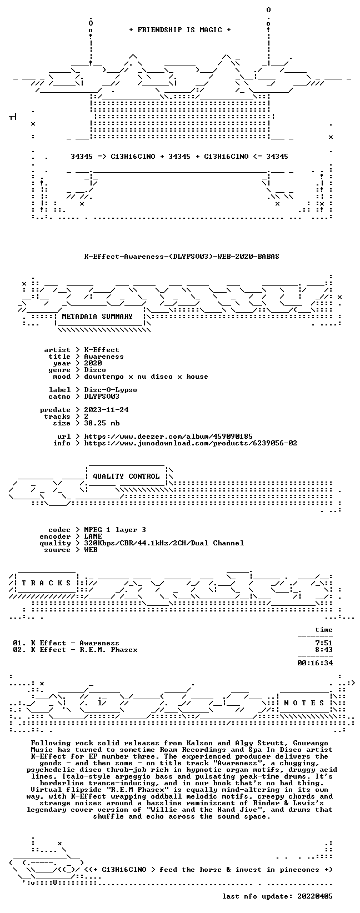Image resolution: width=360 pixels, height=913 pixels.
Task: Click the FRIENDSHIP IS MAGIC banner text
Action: pos(180,30)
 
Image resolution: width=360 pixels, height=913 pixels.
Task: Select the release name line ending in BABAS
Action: pos(182,257)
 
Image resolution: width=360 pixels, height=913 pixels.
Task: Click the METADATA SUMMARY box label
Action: pos(97,317)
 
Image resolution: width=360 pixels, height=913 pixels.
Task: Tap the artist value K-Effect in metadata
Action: pos(102,350)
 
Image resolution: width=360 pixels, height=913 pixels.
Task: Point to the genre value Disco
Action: pos(95,370)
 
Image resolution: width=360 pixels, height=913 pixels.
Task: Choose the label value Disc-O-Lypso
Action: pos(111,390)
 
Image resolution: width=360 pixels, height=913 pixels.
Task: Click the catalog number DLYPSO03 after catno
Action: pos(102,397)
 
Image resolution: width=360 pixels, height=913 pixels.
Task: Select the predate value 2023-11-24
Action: pos(107,410)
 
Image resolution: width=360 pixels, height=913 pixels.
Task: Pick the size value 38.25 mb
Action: pos(102,423)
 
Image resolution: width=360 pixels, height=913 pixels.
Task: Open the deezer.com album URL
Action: pos(168,437)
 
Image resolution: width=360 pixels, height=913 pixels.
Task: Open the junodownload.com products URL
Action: pos(191,443)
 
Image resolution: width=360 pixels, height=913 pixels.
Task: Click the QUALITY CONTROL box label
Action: pos(126,476)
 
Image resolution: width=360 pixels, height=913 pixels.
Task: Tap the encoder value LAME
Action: pos(93,536)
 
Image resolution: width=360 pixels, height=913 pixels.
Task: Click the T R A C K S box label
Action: pos(47,583)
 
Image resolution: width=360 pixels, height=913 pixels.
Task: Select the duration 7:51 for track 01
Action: pos(324,643)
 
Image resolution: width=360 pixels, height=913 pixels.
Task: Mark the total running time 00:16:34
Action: pos(315,663)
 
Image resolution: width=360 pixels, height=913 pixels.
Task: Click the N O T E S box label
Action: pos(304,703)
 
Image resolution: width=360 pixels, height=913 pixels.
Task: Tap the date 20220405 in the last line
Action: pos(315,896)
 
